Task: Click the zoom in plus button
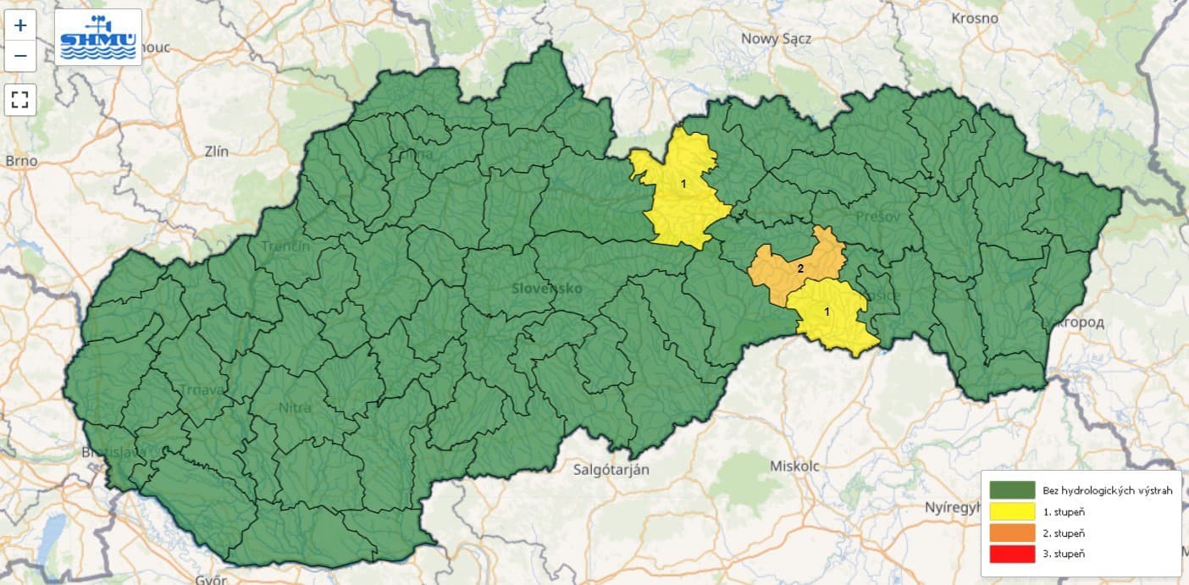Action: pyautogui.click(x=20, y=25)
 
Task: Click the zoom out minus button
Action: pyautogui.click(x=20, y=57)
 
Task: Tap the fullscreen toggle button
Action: pyautogui.click(x=20, y=100)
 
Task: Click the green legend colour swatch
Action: pyautogui.click(x=1012, y=490)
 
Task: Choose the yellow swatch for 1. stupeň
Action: pyautogui.click(x=1012, y=511)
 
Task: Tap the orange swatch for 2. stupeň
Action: pyautogui.click(x=1012, y=533)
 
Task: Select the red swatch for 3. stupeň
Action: pyautogui.click(x=1012, y=554)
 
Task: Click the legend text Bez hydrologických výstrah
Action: pyautogui.click(x=1107, y=491)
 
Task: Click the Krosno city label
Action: pyautogui.click(x=974, y=18)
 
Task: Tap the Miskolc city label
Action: pyautogui.click(x=795, y=466)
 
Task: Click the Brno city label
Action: pyautogui.click(x=21, y=160)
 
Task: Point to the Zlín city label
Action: pyautogui.click(x=217, y=152)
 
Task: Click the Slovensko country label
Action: pyautogui.click(x=547, y=289)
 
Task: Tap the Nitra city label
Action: pyautogui.click(x=295, y=407)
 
